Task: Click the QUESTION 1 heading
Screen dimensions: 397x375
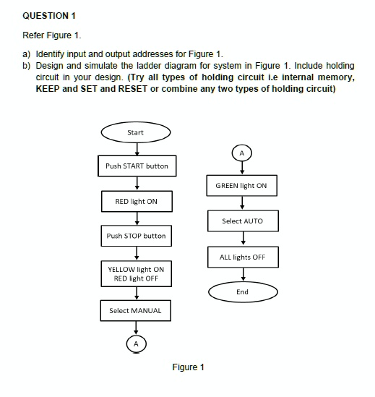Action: coord(48,15)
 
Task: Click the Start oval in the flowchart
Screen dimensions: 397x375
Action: coord(135,132)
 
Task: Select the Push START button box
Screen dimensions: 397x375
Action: coord(136,166)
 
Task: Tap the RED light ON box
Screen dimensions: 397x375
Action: coord(136,201)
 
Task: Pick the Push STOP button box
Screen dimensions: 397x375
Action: coord(136,236)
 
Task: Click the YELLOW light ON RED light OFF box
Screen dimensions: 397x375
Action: coord(136,273)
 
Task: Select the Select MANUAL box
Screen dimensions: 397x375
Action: coord(136,311)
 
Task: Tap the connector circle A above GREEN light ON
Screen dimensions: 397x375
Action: coord(242,153)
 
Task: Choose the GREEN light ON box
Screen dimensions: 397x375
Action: coord(242,186)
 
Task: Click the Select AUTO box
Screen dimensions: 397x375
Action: coord(242,221)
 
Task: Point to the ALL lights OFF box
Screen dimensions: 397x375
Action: coord(242,257)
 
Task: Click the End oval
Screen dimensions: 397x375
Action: coord(242,292)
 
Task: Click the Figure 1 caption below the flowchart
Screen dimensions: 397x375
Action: coord(188,367)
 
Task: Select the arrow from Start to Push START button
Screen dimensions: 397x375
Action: coord(136,148)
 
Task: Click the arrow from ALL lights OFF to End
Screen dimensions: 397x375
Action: coord(243,275)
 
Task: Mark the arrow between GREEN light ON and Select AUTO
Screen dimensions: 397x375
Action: coord(243,203)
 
